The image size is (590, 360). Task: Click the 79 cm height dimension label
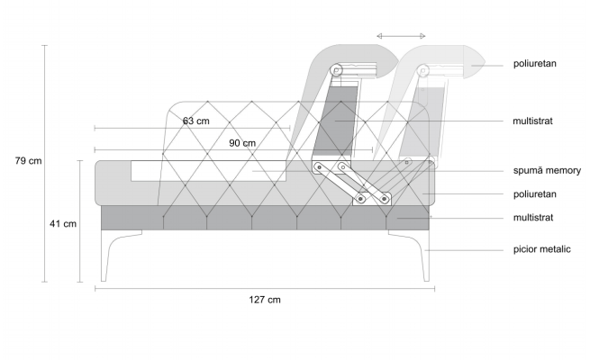[x=28, y=161]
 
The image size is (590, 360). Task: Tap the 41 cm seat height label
[x=63, y=224]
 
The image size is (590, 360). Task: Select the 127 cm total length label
[x=265, y=300]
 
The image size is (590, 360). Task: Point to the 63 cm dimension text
[x=196, y=121]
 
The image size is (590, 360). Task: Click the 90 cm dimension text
[x=242, y=143]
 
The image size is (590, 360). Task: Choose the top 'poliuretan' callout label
[x=535, y=64]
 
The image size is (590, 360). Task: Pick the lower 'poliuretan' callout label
[x=535, y=194]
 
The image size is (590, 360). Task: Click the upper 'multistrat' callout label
[x=533, y=121]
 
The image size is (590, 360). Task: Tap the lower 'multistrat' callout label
[x=533, y=218]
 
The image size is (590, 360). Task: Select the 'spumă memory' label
[x=547, y=171]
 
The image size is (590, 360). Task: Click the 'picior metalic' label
[x=542, y=249]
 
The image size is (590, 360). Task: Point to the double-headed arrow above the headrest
[x=401, y=36]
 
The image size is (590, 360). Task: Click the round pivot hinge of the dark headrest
[x=336, y=70]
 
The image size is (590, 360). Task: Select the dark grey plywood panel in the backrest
[x=334, y=121]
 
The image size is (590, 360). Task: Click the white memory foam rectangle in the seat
[x=209, y=171]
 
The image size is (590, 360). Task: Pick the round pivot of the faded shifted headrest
[x=423, y=70]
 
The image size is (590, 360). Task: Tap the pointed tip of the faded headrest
[x=485, y=62]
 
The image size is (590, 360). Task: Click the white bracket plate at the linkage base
[x=372, y=198]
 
